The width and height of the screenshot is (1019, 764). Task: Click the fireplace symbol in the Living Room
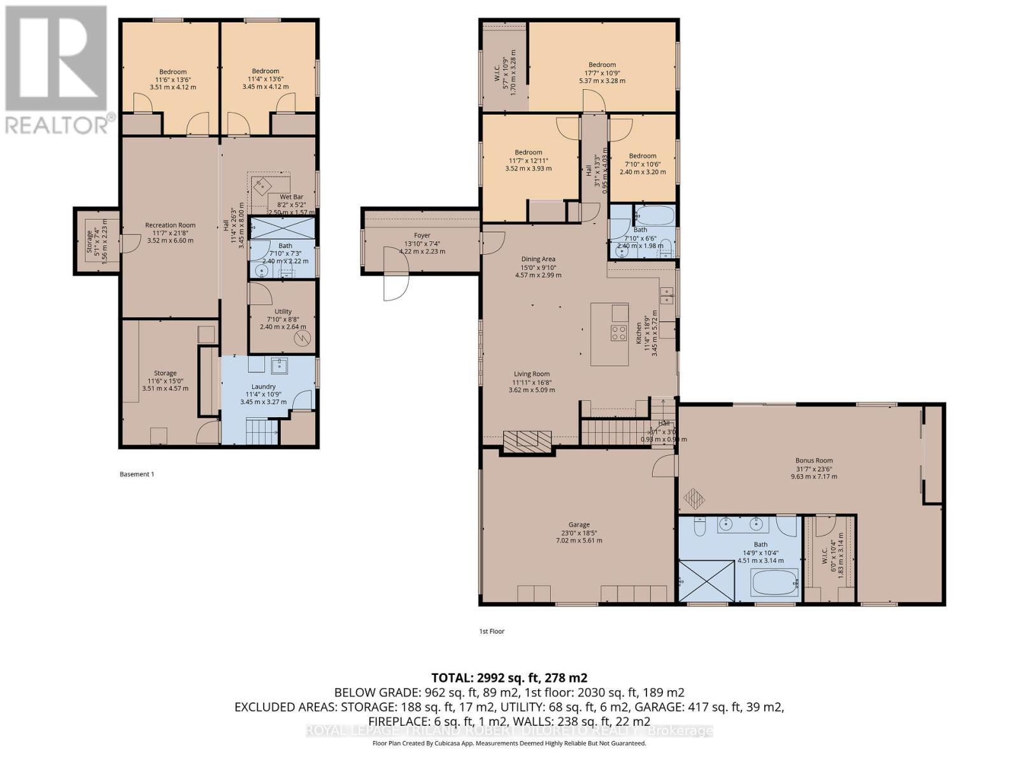click(x=527, y=441)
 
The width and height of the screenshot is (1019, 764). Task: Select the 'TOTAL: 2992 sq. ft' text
click(x=509, y=677)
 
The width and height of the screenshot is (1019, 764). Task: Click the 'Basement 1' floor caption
click(x=137, y=474)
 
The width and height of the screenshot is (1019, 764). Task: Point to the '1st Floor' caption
click(x=491, y=632)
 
